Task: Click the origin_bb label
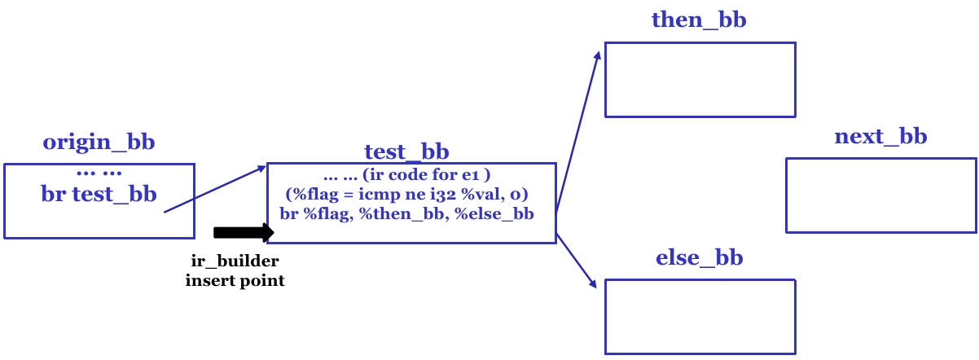click(99, 143)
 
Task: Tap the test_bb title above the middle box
click(406, 151)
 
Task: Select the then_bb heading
click(699, 20)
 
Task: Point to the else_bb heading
click(699, 259)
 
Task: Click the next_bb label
click(880, 136)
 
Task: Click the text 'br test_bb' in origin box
click(99, 194)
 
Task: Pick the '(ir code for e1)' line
click(406, 176)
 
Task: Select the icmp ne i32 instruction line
click(406, 195)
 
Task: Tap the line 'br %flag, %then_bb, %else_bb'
click(406, 215)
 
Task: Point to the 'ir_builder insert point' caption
click(235, 271)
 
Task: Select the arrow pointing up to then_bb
click(578, 130)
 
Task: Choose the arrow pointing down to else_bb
click(577, 261)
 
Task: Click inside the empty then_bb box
click(700, 80)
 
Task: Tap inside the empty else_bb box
click(700, 316)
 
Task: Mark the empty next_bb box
click(881, 195)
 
